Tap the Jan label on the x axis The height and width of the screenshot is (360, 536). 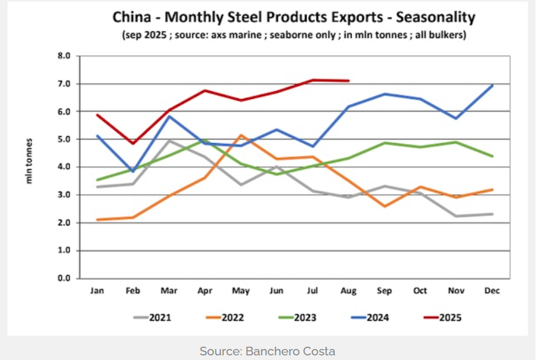point(97,291)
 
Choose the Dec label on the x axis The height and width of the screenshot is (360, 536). point(491,291)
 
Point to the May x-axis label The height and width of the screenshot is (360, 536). point(240,291)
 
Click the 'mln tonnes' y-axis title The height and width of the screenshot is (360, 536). point(27,161)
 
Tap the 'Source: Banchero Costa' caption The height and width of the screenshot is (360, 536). point(267,351)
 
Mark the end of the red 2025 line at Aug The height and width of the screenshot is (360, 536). point(348,81)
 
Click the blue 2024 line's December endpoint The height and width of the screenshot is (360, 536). point(491,86)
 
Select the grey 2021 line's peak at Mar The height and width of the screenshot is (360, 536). point(169,141)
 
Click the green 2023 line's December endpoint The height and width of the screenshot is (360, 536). point(491,156)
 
